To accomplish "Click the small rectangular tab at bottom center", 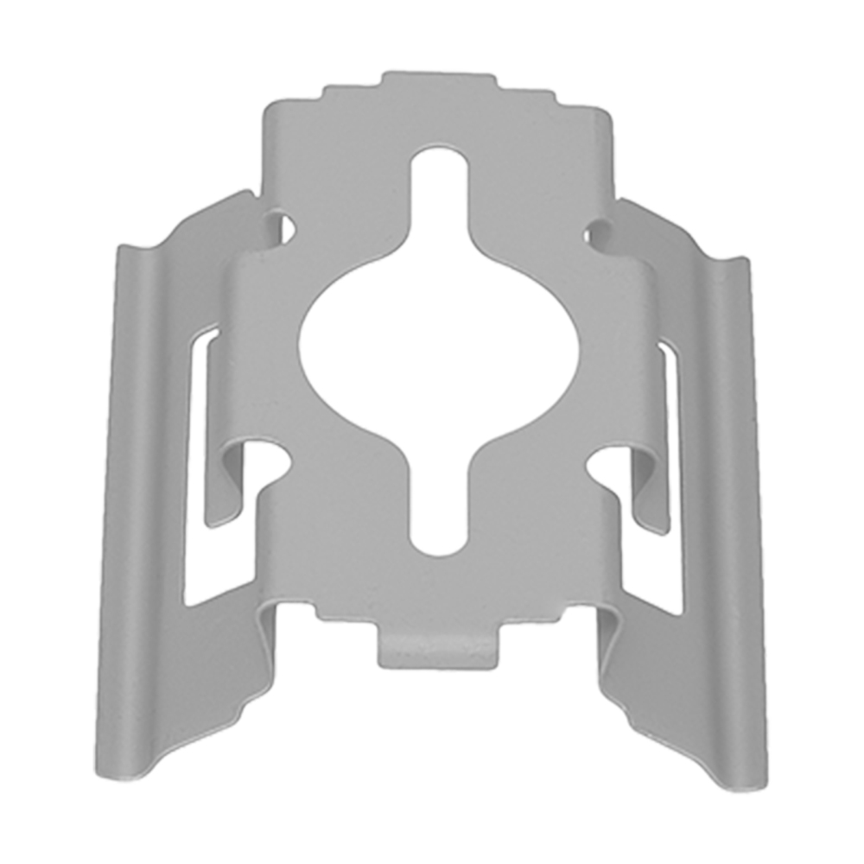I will click(438, 648).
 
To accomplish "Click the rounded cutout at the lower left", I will click(268, 458).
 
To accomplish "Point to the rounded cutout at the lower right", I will click(605, 462).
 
